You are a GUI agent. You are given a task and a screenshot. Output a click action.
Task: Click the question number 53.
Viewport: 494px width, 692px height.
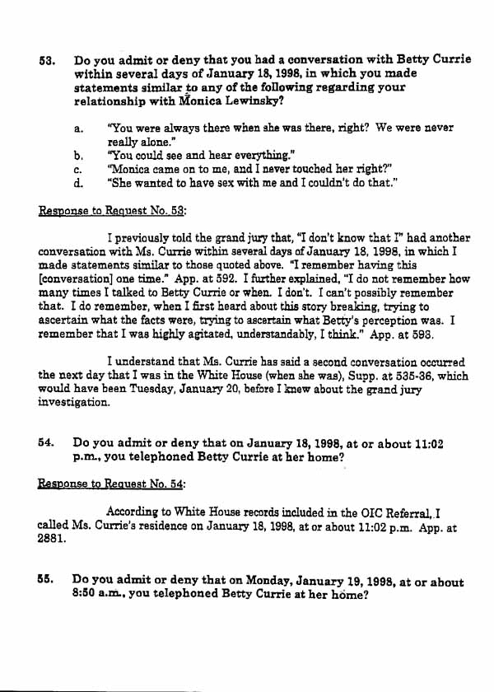47,61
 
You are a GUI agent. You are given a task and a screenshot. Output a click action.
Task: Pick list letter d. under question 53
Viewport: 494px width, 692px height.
77,182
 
